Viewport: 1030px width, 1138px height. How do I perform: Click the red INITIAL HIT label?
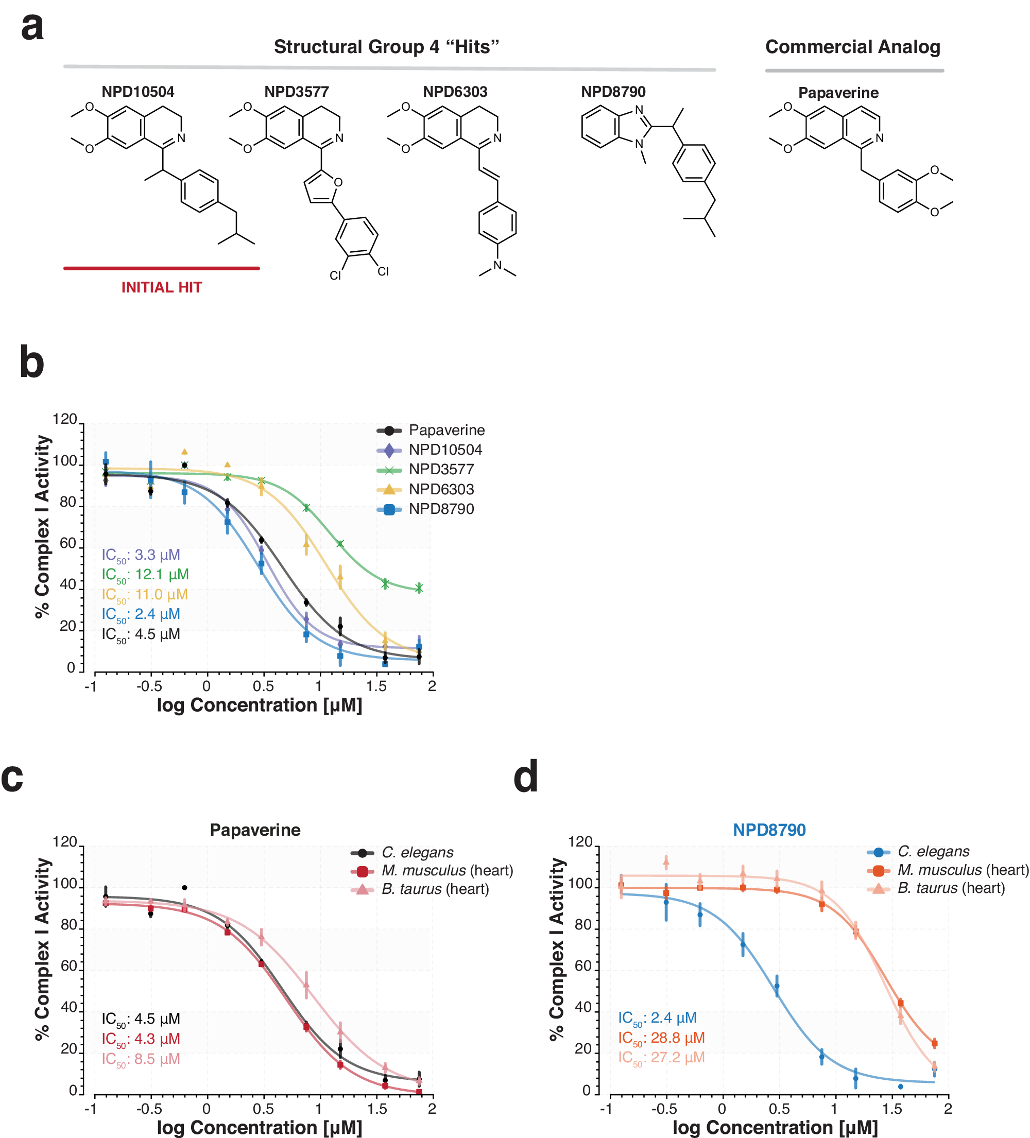(162, 287)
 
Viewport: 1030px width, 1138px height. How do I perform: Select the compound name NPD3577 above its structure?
(297, 92)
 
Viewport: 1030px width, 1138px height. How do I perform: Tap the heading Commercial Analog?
(853, 47)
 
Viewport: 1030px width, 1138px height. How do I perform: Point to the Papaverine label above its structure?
(838, 93)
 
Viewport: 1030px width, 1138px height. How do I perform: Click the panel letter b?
(31, 363)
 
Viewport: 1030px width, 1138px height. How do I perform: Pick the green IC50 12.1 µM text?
(145, 575)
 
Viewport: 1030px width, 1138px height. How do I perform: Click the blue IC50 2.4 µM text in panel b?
(141, 614)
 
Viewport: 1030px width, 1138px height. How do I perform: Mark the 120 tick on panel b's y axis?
(64, 419)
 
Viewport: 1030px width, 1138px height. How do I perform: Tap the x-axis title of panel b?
(259, 705)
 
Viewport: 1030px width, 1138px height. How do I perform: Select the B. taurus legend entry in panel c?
(435, 889)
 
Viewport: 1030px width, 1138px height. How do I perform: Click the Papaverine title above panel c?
(255, 830)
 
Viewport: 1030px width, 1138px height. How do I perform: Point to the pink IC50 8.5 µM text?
(141, 1059)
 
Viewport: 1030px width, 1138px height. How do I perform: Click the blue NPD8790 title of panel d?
(769, 830)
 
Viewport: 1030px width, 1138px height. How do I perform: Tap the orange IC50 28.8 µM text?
(661, 1038)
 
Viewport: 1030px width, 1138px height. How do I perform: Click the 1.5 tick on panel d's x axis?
(892, 1109)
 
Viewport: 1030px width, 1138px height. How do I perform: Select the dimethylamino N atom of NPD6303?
(497, 265)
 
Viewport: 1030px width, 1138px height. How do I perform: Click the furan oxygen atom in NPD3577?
(338, 182)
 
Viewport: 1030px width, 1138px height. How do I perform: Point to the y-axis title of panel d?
(557, 949)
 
